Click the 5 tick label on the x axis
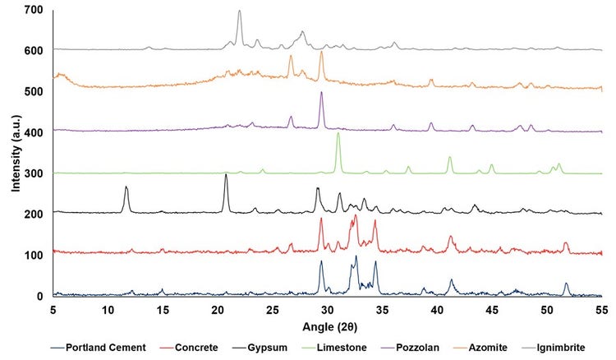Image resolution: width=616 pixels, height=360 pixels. coord(53,310)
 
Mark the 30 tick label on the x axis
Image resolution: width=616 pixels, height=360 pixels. coord(327,310)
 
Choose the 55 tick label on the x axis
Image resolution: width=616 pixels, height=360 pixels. coord(602,310)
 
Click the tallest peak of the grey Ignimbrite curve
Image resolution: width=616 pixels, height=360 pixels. coord(240,12)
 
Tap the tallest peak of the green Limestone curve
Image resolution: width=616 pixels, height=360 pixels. coord(338,134)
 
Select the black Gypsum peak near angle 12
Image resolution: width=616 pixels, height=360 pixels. coord(126,187)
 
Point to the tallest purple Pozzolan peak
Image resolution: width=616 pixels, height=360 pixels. coord(321,93)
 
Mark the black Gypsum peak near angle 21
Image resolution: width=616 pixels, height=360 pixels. coord(226,174)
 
